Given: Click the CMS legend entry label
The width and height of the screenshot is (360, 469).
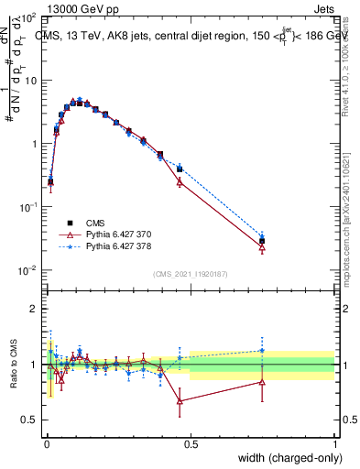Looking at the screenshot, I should pos(95,223).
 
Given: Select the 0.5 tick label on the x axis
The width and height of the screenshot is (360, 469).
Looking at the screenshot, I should pos(190,444).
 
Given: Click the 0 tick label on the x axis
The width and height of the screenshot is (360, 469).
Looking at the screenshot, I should pos(46,444).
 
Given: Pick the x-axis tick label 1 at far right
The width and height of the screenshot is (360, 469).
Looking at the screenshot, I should pos(333,444).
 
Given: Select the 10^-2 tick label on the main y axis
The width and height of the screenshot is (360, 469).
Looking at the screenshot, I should pos(27,270).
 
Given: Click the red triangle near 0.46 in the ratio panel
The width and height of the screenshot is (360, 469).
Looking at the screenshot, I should pos(180,401).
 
